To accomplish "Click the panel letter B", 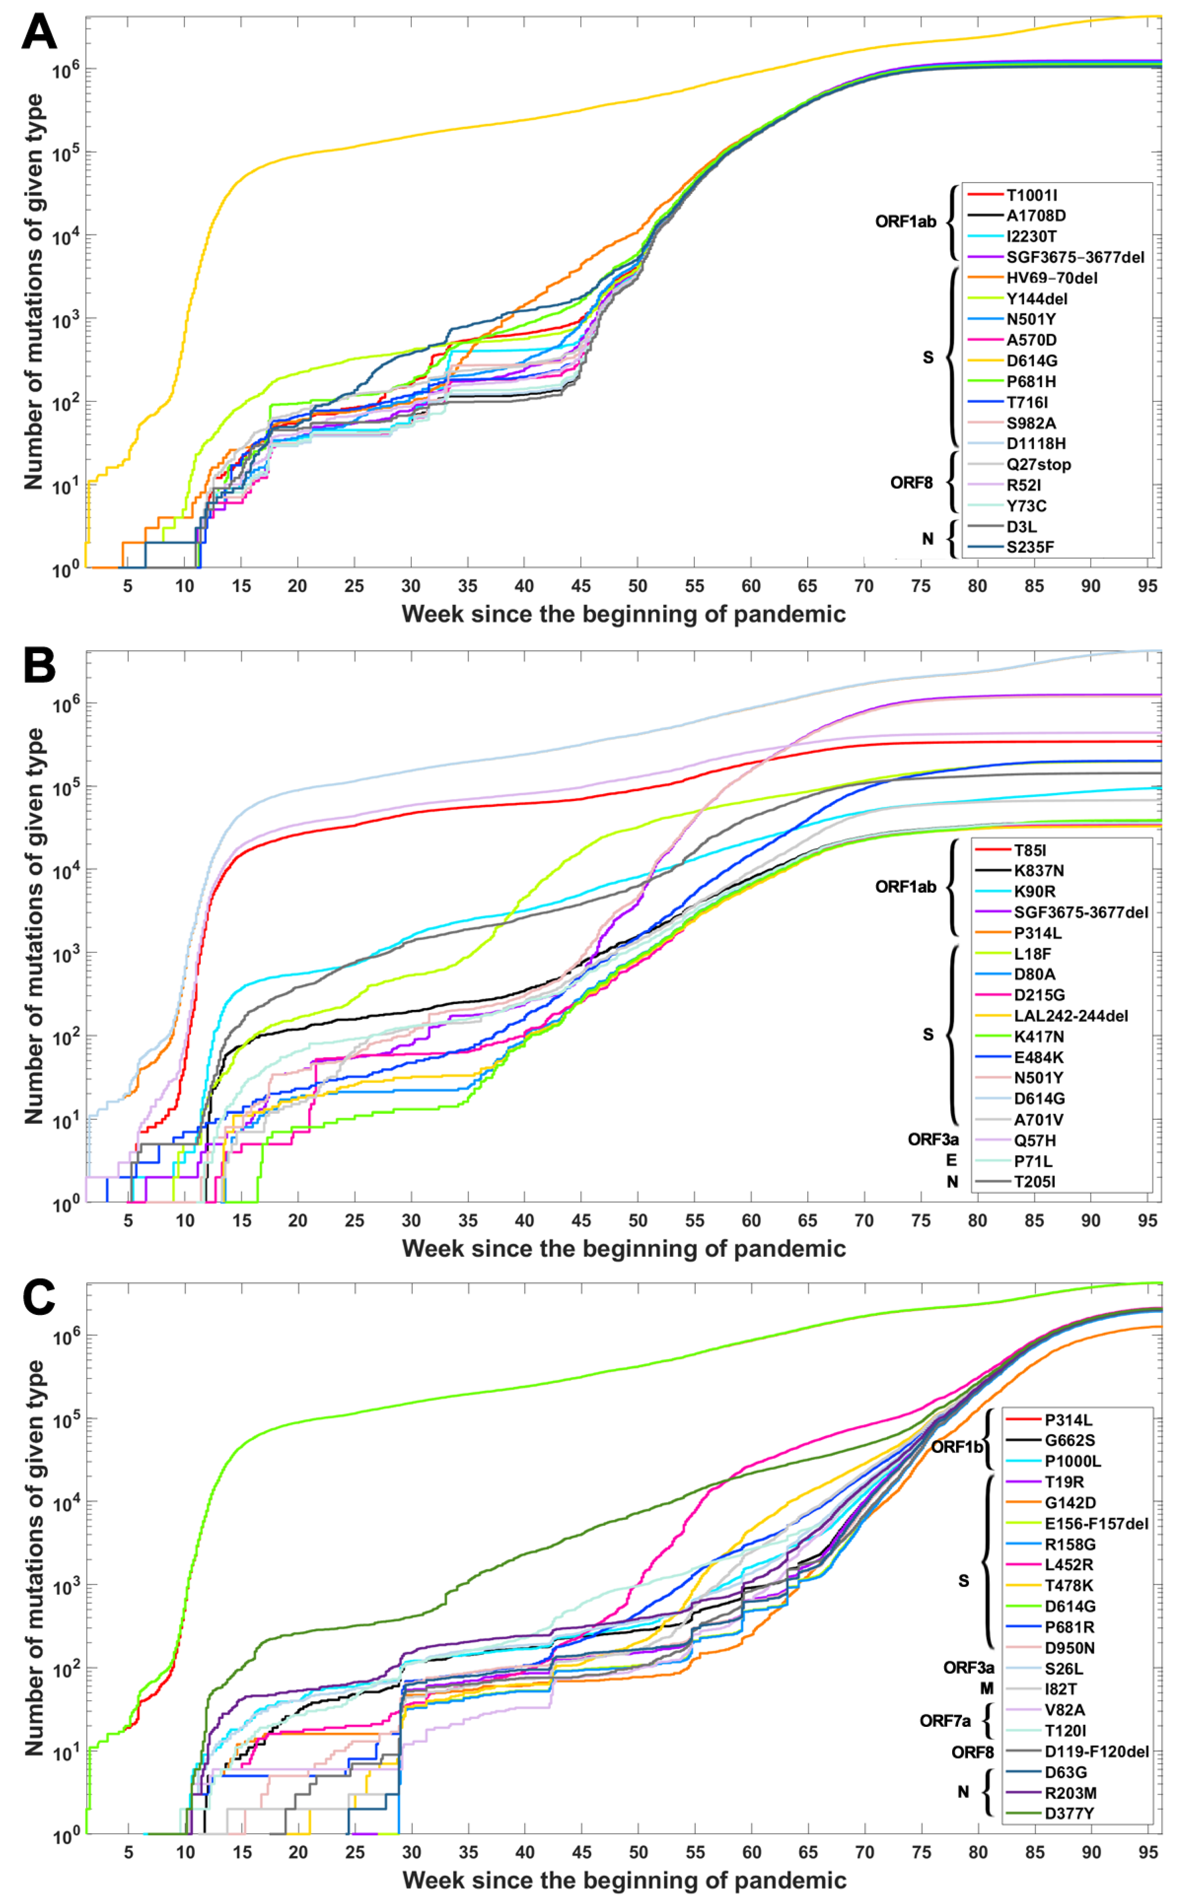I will coord(39,666).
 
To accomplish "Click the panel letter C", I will coord(39,1297).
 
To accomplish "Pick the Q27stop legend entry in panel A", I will coord(1038,464).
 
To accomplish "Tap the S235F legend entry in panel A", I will coord(1030,547).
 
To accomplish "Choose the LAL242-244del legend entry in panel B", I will coord(1070,1015).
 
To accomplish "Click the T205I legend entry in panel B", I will coord(1034,1181).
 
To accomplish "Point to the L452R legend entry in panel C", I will coord(1069,1565).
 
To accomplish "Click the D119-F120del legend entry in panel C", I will coord(1096,1751).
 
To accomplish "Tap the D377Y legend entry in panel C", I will coord(1069,1813).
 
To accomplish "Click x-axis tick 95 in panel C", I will coord(1148,1852).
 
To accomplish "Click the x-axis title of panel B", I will coord(623,1249).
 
